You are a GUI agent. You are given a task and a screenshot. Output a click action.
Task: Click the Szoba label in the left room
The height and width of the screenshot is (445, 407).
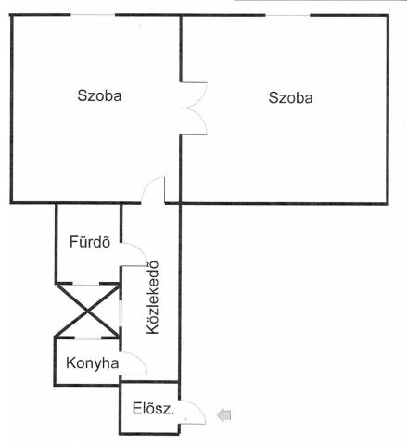(99, 95)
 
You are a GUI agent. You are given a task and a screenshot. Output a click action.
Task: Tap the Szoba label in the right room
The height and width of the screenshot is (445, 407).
(290, 97)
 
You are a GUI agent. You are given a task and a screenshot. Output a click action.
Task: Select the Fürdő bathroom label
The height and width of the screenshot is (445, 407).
(90, 242)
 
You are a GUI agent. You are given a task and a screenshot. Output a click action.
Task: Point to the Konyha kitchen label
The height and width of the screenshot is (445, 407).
(93, 363)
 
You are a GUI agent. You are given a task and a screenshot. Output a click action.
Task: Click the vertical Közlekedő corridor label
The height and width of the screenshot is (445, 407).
(153, 298)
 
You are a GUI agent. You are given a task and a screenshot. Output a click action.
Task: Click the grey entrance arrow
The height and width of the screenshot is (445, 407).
(224, 414)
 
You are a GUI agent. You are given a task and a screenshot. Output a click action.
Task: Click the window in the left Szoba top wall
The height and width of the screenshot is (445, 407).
(93, 15)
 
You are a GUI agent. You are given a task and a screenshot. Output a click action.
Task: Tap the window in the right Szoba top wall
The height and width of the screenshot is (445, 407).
(287, 15)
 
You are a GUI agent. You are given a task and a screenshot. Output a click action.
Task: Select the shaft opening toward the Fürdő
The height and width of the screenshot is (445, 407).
(86, 284)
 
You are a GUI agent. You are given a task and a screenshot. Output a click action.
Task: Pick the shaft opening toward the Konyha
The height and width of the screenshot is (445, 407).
(88, 338)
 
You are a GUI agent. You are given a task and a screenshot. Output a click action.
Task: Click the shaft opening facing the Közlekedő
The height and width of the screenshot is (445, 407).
(121, 312)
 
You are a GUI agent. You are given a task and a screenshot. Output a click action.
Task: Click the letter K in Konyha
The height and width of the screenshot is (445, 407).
(70, 362)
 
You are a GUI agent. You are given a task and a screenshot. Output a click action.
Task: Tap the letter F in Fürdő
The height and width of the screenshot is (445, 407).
(73, 242)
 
